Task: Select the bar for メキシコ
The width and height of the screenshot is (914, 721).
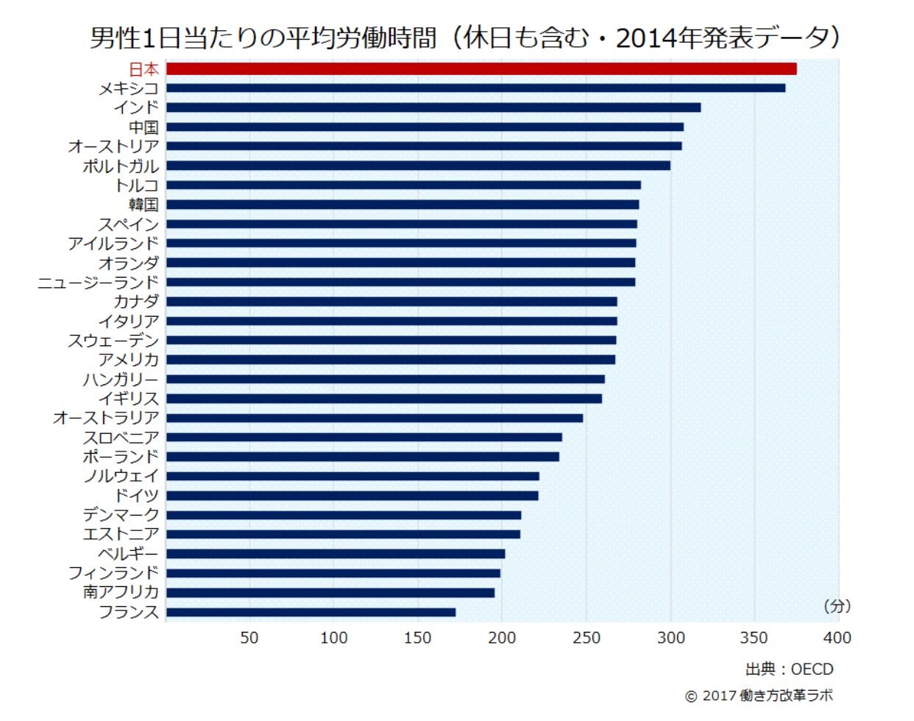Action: coord(475,88)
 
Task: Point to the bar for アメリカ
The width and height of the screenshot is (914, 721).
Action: coord(391,359)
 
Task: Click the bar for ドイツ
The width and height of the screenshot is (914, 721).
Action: coord(352,496)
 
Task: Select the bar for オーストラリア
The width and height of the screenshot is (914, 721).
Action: coord(375,418)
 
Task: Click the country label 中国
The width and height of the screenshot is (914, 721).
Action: coord(144,127)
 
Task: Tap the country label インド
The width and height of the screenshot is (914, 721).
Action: coord(136,108)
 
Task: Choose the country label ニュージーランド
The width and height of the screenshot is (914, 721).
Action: coord(99,282)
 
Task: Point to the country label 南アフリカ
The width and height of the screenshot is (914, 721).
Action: coord(121,592)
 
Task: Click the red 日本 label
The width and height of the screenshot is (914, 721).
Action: coord(144,69)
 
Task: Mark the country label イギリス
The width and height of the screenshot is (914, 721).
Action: coord(129,398)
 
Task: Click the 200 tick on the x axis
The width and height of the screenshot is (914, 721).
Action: coord(502,638)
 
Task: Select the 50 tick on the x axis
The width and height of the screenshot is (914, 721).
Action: coord(249,638)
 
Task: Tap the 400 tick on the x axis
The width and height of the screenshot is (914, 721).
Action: coord(837,638)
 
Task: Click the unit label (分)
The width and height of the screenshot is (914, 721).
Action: coord(837,606)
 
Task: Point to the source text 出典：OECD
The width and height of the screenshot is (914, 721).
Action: coord(789,669)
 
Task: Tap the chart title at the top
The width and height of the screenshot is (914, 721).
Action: coord(465,38)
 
